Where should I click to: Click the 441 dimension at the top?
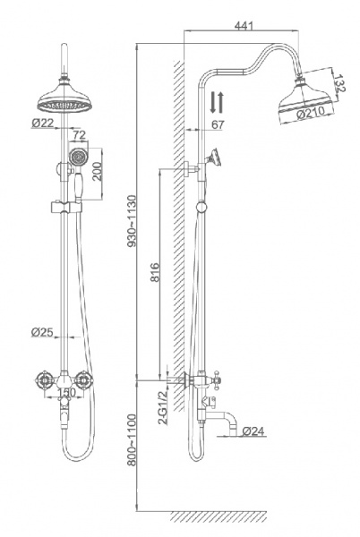tap(244, 26)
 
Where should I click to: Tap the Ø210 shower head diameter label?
tap(311, 113)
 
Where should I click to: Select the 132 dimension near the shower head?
tap(339, 83)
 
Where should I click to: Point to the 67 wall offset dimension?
tap(218, 124)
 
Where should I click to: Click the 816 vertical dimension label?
tap(156, 272)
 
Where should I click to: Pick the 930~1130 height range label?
tap(131, 221)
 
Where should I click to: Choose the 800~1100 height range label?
tap(131, 439)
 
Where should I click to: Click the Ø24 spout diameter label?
tap(253, 431)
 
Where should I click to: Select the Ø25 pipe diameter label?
tap(42, 332)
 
